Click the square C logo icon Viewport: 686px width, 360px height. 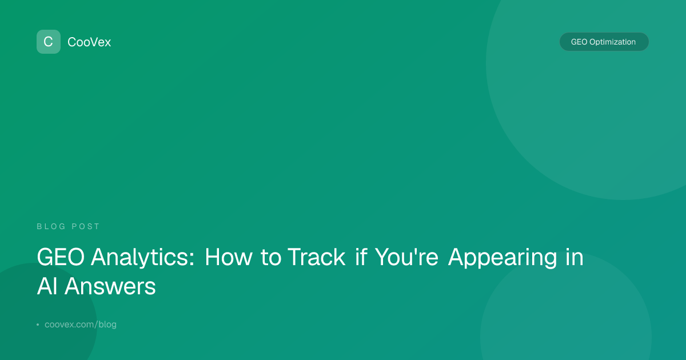point(49,42)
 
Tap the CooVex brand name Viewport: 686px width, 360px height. point(89,42)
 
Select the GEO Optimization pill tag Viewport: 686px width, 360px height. point(604,42)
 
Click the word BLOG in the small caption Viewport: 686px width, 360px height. point(51,226)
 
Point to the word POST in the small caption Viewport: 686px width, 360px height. point(85,226)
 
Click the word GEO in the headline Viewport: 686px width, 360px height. point(61,257)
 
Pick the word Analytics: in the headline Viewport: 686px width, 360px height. point(143,257)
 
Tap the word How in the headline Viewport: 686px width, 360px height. point(229,257)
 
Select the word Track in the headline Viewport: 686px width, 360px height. point(317,257)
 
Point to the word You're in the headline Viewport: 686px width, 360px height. point(406,257)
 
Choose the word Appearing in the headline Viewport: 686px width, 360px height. point(502,258)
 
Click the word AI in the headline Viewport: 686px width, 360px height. point(47,286)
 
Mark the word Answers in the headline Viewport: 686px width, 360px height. point(110,286)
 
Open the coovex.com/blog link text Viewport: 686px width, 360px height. point(81,324)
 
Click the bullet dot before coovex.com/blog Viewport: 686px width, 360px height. point(38,325)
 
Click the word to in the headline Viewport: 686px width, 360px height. point(271,257)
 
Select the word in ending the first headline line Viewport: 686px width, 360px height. point(575,257)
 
